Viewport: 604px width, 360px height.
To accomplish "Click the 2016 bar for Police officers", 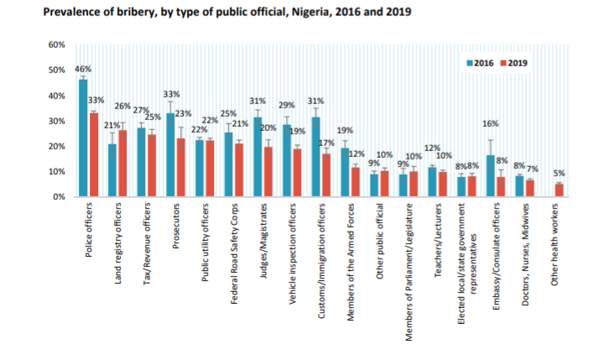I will (83, 138).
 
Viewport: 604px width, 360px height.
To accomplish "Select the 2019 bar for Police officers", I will (94, 155).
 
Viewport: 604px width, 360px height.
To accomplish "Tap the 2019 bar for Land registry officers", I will (122, 164).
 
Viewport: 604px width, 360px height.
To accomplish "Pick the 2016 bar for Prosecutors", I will (170, 155).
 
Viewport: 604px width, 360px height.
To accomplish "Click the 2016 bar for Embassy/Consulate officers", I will (489, 176).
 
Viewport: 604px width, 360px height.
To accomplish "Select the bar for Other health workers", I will (559, 190).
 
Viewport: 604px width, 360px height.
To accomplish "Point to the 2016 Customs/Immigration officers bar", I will (315, 157).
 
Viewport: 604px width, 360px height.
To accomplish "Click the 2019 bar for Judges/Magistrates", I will (268, 172).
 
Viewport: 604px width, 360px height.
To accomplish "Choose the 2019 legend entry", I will (513, 64).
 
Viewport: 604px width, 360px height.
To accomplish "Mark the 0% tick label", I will (59, 197).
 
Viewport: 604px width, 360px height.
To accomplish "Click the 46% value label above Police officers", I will (83, 69).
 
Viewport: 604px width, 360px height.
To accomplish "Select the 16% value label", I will (491, 124).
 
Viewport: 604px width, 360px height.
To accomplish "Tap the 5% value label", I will (559, 173).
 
